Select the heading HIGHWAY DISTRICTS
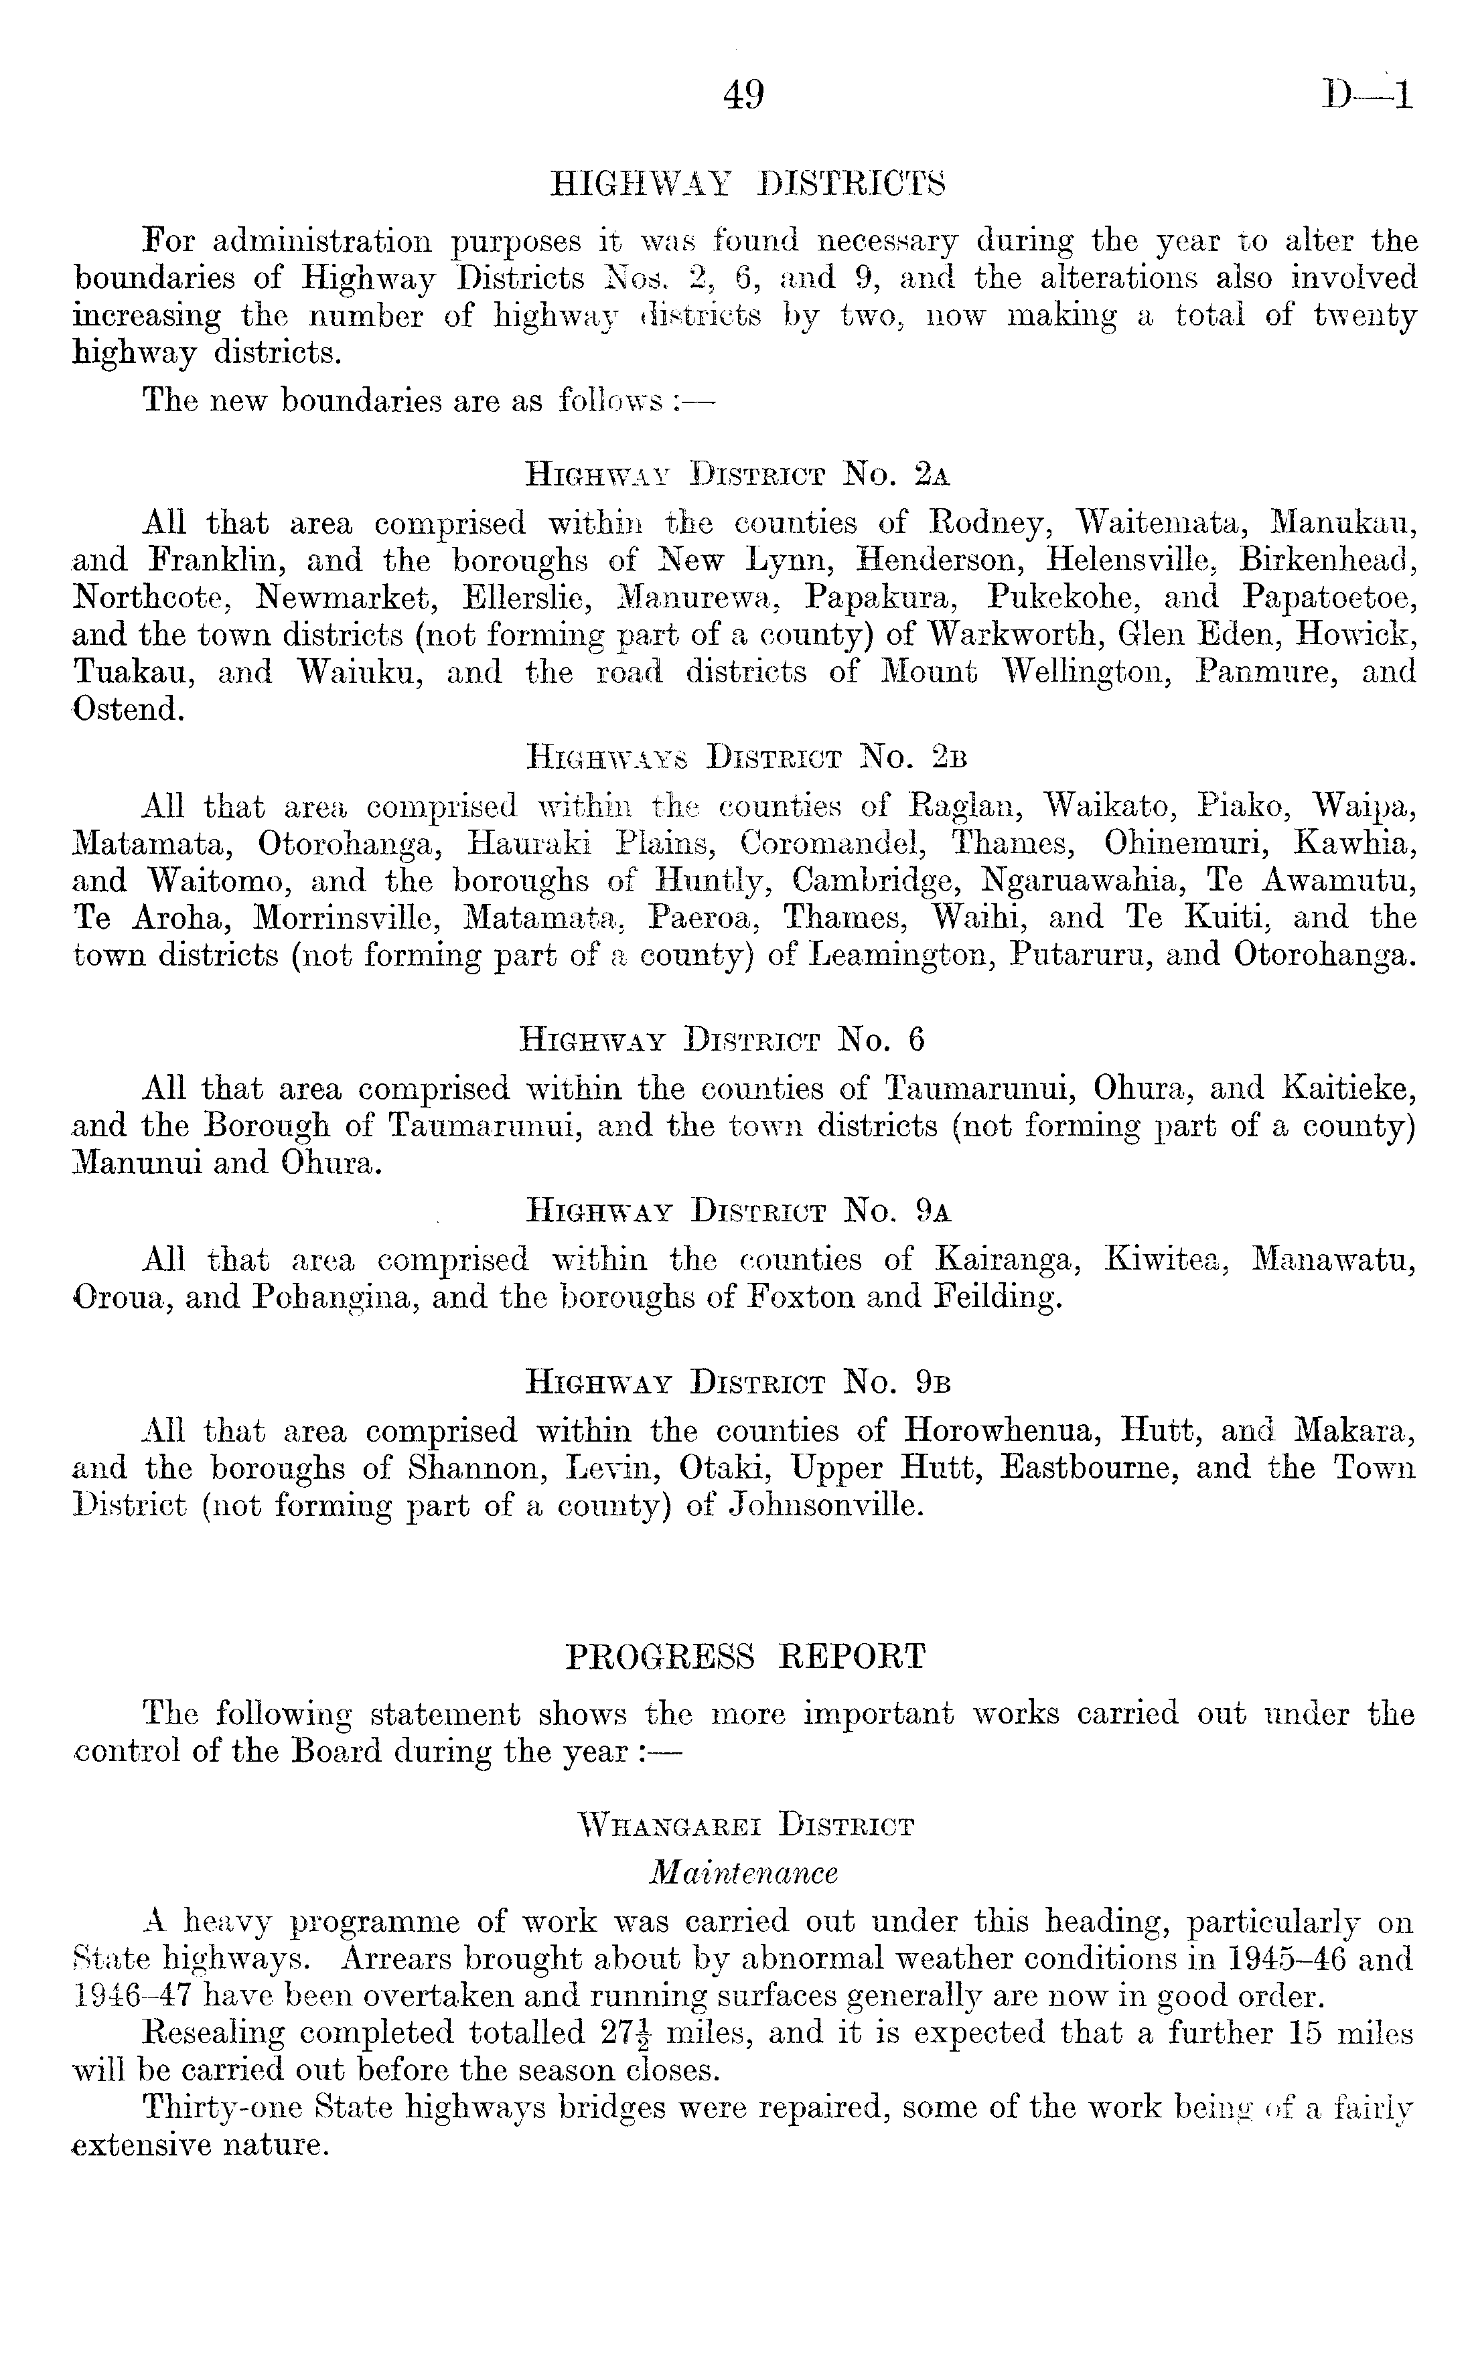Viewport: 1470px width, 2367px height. point(747,183)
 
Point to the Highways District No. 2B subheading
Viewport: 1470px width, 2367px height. point(745,756)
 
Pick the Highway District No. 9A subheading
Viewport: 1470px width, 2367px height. point(737,1211)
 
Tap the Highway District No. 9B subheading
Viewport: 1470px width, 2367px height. point(737,1381)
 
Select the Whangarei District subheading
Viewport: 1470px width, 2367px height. point(745,1825)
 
